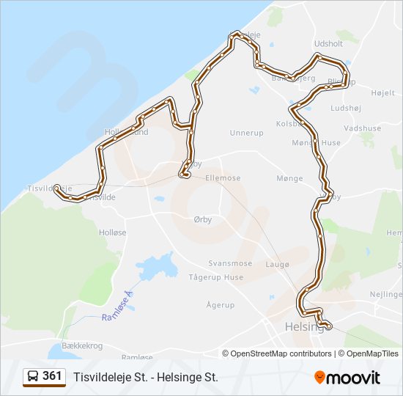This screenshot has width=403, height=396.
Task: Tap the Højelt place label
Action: tap(382, 93)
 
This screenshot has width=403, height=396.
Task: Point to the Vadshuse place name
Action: tap(362, 128)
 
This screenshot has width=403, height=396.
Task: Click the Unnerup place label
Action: tap(246, 133)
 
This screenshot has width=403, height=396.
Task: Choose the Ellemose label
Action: tap(223, 178)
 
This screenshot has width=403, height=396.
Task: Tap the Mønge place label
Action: tap(289, 178)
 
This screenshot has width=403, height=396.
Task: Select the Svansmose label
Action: tap(230, 263)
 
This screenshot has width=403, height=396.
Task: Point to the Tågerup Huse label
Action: tap(216, 277)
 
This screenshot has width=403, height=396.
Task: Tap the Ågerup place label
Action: tap(220, 304)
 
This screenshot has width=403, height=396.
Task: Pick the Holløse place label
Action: tap(113, 232)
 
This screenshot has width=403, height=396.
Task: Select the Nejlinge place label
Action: tap(386, 293)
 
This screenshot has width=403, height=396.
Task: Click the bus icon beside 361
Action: tap(33, 376)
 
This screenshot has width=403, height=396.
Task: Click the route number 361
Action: tap(52, 375)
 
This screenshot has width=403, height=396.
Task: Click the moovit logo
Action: tap(347, 378)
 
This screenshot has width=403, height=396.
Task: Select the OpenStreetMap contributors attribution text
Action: tap(281, 353)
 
